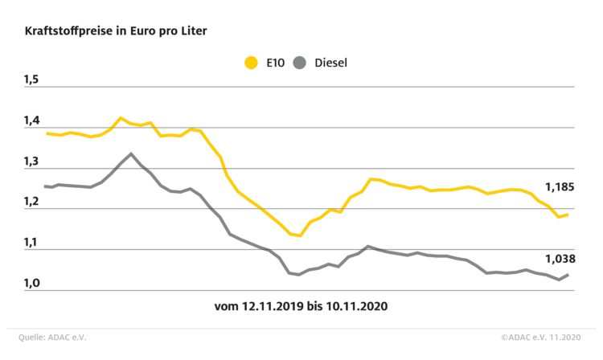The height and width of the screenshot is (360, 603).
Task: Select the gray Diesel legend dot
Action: point(300,62)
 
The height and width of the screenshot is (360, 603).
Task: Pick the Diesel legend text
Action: point(330,62)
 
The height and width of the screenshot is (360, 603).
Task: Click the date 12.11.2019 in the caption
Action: point(273,307)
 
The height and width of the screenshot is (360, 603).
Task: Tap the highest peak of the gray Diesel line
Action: point(131,153)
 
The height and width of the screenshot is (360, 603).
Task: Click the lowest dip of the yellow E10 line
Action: point(299,235)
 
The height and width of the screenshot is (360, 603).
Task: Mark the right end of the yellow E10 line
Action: point(568,215)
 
